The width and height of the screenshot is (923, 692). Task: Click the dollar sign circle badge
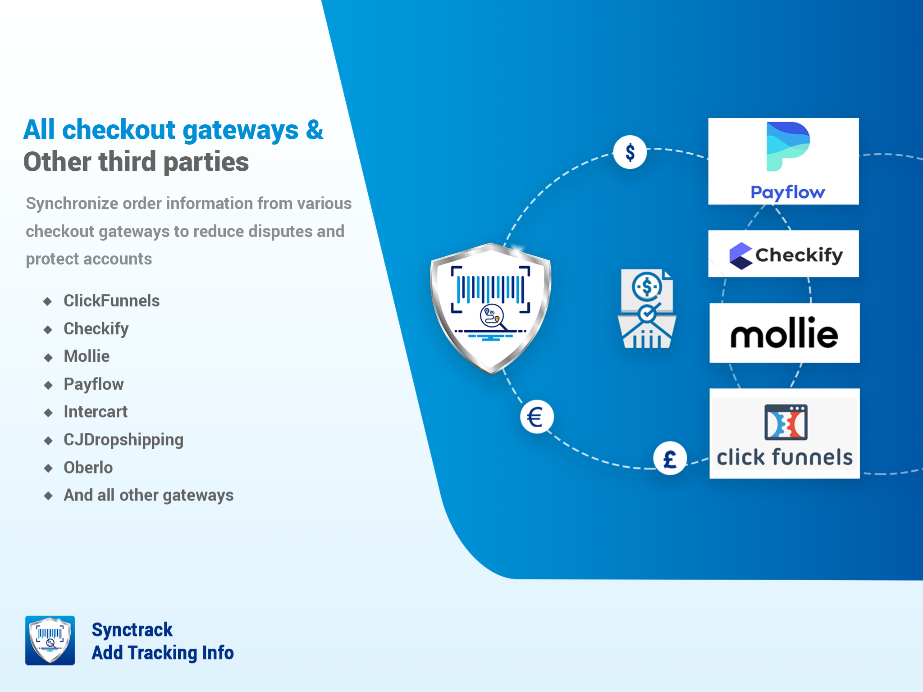630,152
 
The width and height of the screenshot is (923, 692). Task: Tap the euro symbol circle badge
536,417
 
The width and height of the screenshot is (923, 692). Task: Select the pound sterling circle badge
670,459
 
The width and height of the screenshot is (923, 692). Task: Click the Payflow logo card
783,161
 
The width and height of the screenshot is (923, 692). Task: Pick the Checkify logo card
783,254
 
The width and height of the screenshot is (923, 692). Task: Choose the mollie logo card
784,333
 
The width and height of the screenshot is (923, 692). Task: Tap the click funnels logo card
784,433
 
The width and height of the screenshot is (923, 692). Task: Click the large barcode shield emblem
491,308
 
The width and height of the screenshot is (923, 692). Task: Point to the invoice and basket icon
647,309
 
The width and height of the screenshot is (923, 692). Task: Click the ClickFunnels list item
111,301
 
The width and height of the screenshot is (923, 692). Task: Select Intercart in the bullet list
96,412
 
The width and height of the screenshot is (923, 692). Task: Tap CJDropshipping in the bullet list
123,440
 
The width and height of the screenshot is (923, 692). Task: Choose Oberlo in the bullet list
88,468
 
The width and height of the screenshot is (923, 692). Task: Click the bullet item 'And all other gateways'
149,495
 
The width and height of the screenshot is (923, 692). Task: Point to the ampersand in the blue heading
314,130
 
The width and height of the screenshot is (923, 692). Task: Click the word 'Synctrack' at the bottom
132,630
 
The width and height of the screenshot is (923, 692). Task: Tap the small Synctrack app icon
50,640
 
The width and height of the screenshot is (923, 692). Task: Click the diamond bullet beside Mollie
48,358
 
